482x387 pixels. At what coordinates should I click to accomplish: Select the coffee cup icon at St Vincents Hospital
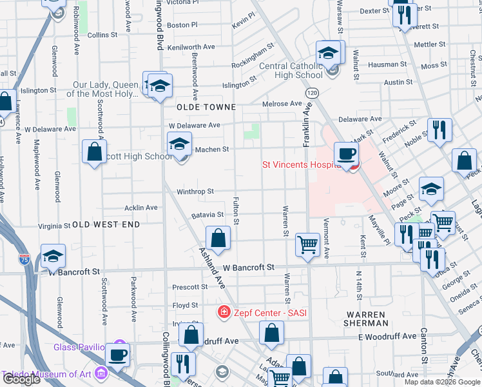pos(346,154)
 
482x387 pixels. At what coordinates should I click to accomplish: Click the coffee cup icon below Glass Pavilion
pos(117,354)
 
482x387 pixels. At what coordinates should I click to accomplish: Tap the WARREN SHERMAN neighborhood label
pos(366,317)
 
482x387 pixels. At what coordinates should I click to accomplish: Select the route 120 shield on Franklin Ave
pos(312,94)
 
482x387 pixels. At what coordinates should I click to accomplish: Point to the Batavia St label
pos(207,215)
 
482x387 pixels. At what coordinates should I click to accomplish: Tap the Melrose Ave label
pos(282,104)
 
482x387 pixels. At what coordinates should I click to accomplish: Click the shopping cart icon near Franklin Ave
pos(308,244)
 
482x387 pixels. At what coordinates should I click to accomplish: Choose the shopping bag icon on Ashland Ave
pos(218,237)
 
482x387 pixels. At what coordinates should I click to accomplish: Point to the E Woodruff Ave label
pos(387,336)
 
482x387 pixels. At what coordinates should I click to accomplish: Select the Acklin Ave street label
pos(140,208)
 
